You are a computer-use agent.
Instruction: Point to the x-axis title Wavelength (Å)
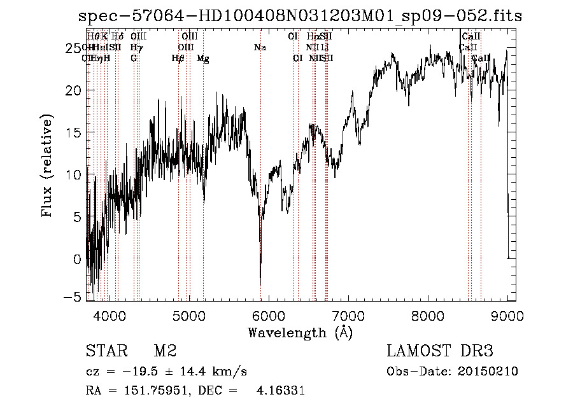pos(300,332)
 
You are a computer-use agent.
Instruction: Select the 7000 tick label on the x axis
pos(348,315)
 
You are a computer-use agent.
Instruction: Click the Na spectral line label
pos(260,48)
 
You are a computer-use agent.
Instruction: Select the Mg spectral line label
pos(203,59)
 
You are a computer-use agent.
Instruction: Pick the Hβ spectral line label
pos(178,59)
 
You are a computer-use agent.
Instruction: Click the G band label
pos(134,59)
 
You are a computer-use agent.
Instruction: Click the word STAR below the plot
pos(106,352)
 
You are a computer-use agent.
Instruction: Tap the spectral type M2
pos(165,352)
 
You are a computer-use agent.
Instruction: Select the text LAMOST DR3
pos(439,352)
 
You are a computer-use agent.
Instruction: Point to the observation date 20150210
pos(491,372)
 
